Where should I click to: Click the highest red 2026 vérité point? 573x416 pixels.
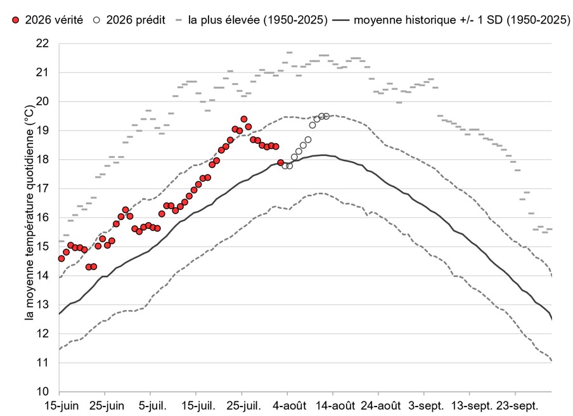pos(244,119)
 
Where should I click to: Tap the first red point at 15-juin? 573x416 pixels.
pos(61,259)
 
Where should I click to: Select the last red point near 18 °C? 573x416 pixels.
pos(280,163)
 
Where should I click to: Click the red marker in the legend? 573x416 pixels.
pos(15,20)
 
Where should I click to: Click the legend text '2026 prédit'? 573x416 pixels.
pos(136,20)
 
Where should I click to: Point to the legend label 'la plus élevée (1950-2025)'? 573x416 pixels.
pos(257,20)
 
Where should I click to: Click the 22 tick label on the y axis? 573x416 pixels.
pos(42,44)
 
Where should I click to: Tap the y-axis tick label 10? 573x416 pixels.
pos(42,391)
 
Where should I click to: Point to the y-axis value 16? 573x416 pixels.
pos(42,218)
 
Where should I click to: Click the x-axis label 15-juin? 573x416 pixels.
pos(61,406)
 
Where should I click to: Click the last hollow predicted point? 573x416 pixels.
pos(326,116)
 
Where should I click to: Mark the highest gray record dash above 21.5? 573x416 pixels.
pos(290,53)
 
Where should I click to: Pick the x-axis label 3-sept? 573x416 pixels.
pos(426,406)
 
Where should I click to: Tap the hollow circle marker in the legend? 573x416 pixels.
pos(97,20)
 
